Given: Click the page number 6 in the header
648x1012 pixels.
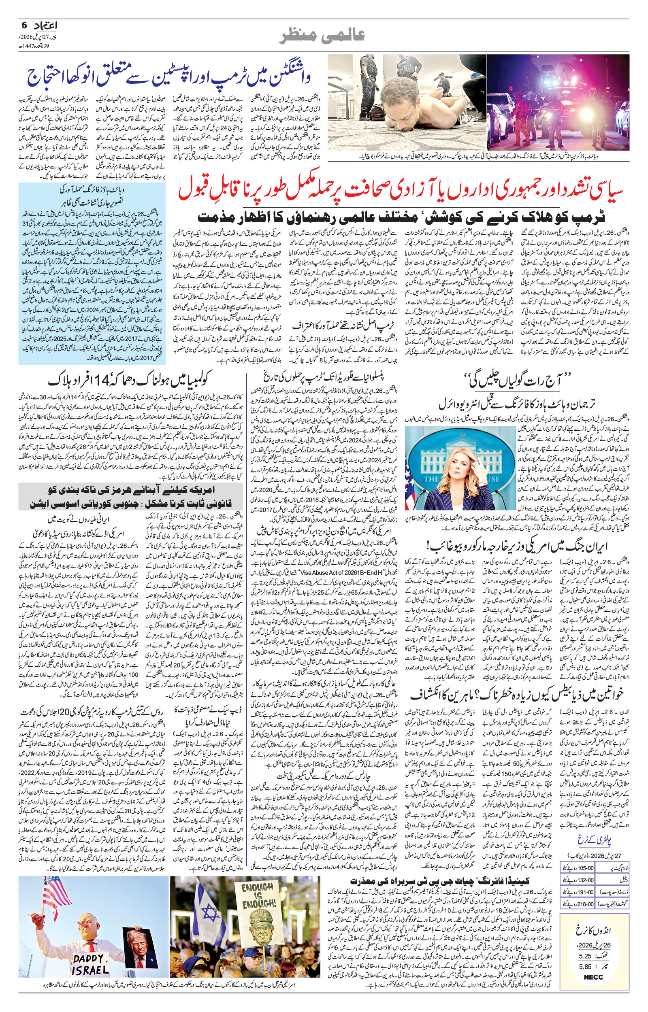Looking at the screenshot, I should (24, 25).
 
